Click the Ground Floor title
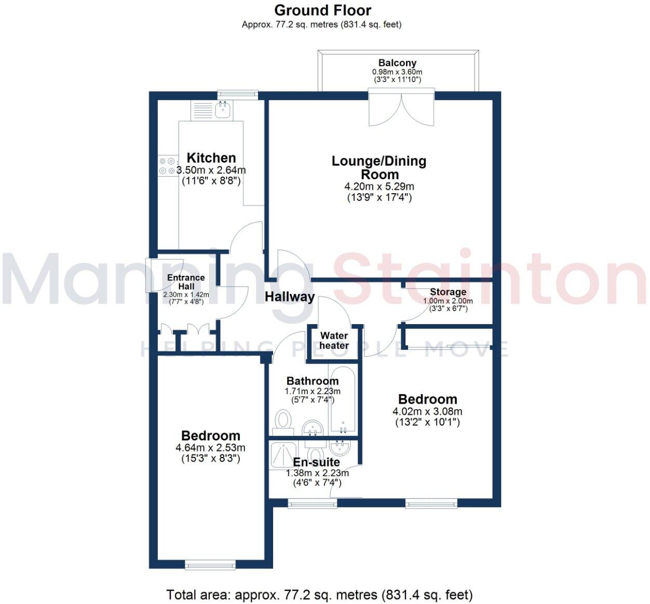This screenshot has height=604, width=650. [322, 10]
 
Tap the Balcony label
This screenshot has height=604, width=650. [397, 63]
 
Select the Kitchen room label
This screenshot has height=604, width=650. [211, 158]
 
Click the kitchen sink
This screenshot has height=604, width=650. [224, 108]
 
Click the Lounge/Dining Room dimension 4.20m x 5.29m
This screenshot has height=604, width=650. [379, 186]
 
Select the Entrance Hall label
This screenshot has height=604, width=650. [186, 282]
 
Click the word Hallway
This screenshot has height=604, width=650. [290, 297]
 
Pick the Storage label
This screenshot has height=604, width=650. [448, 292]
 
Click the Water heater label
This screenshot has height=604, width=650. [334, 341]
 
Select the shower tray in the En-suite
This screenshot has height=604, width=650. [283, 453]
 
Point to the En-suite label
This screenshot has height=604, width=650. [316, 462]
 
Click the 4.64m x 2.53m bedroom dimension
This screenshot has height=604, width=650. [210, 448]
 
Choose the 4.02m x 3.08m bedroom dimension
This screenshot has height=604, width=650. [427, 411]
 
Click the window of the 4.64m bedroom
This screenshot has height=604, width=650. [210, 565]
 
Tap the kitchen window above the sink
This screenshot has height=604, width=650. [237, 94]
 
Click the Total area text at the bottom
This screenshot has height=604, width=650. [319, 595]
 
